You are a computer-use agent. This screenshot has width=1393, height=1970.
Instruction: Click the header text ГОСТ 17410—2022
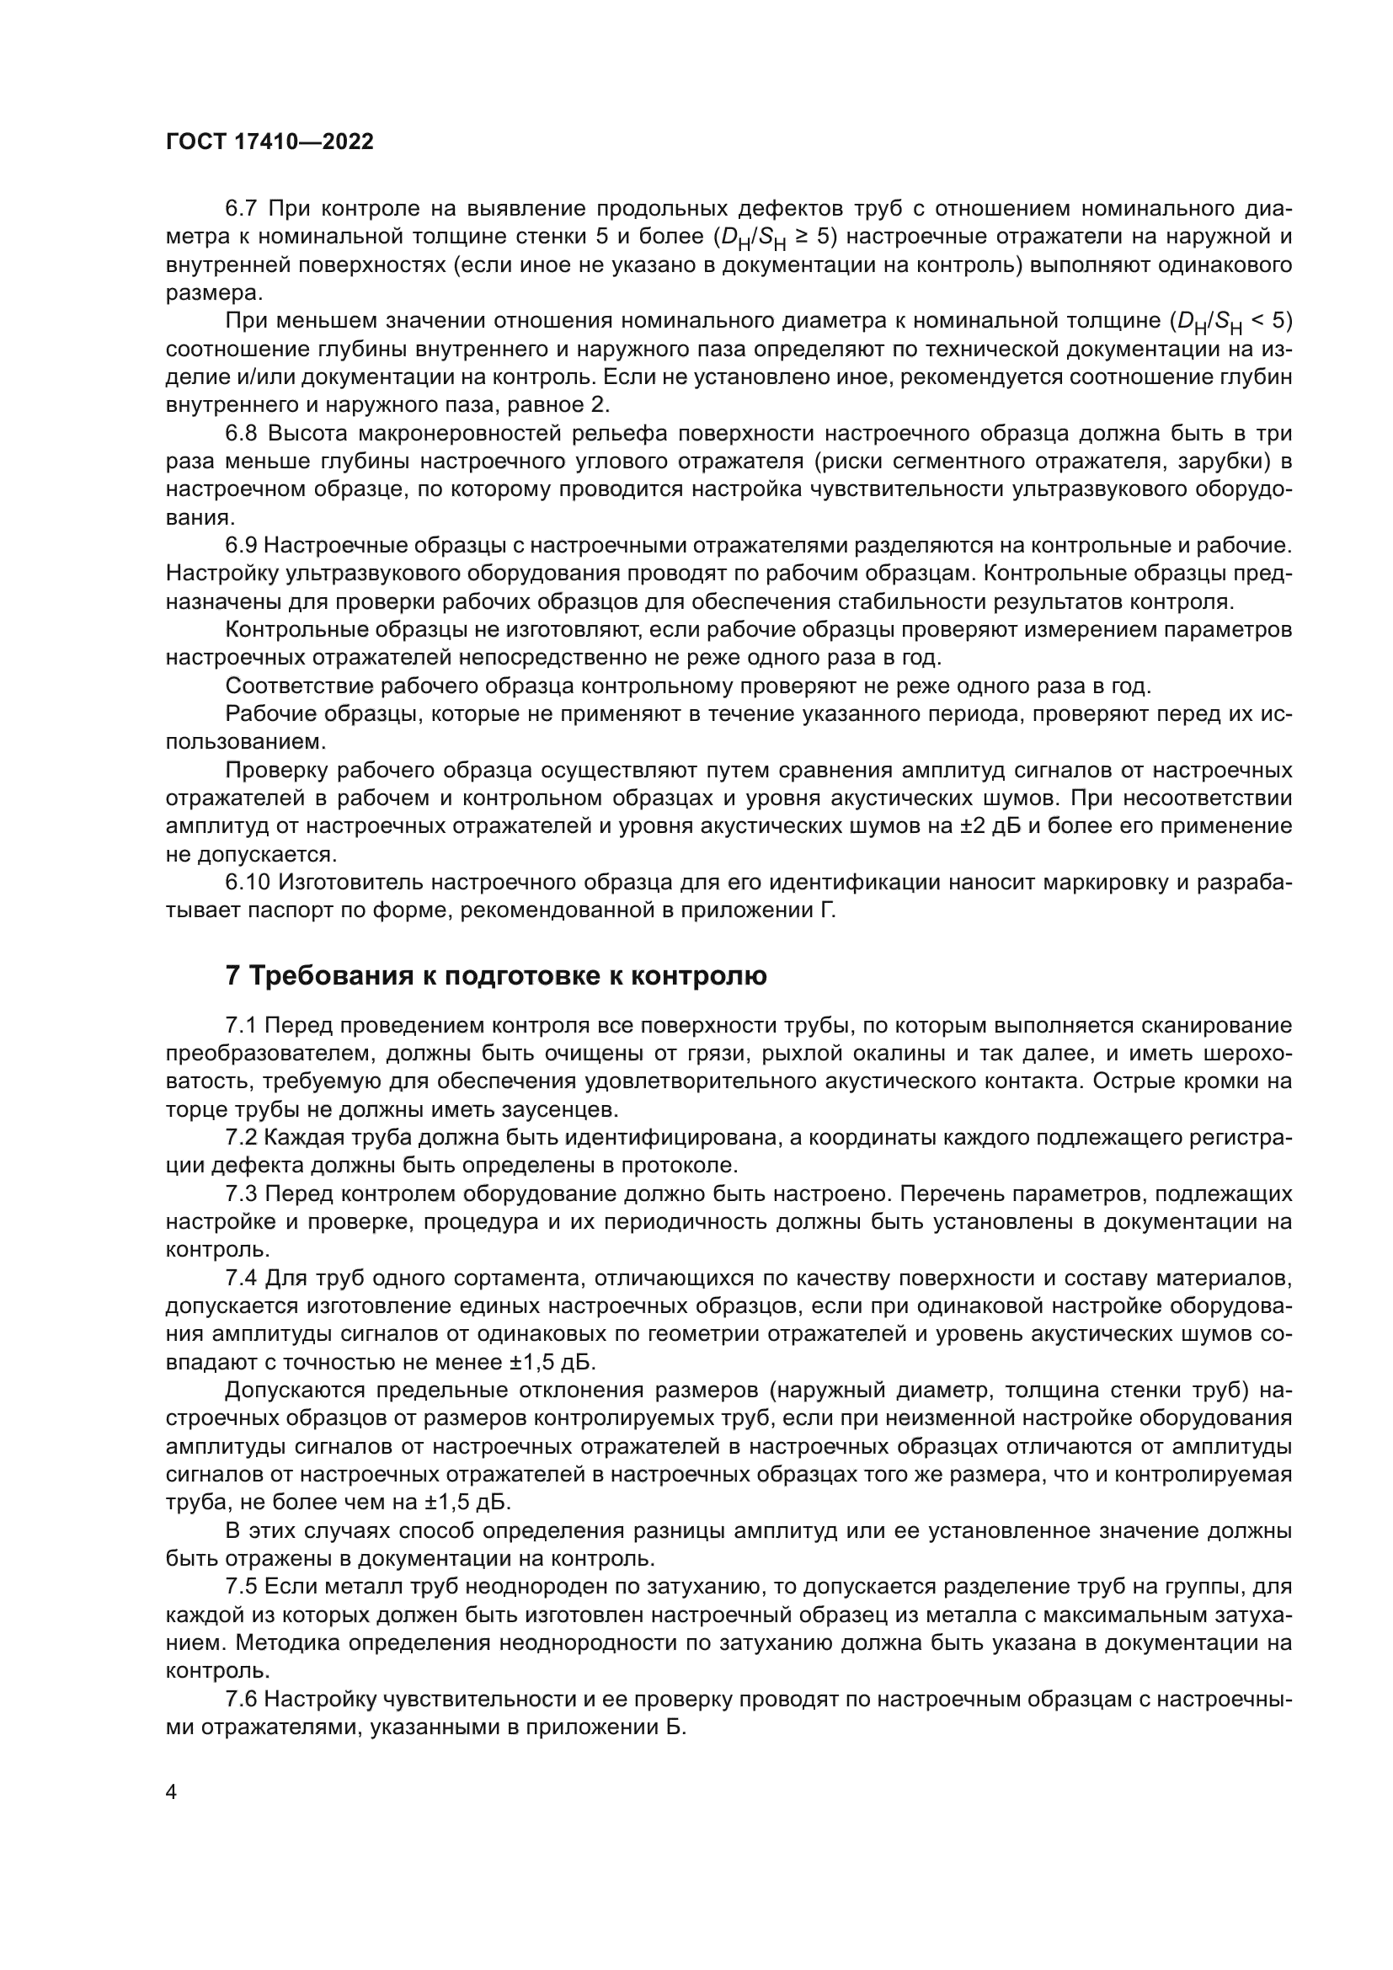[x=270, y=142]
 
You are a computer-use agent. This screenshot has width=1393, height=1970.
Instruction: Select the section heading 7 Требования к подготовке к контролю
[x=495, y=976]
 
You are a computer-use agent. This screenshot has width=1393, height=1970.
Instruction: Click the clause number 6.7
[x=242, y=209]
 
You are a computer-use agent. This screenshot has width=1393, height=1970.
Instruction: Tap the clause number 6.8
[x=242, y=433]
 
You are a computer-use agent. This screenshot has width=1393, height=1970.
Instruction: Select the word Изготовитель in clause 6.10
[x=350, y=883]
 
